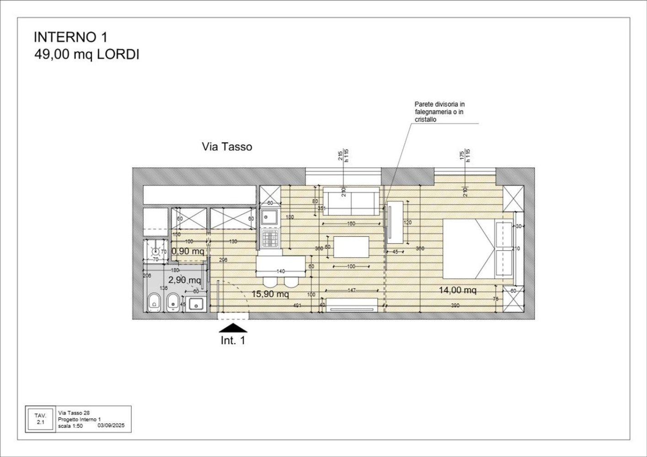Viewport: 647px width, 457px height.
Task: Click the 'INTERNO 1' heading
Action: point(70,37)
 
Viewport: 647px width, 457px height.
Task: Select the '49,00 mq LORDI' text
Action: point(87,55)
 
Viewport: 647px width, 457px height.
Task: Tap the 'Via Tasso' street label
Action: point(227,147)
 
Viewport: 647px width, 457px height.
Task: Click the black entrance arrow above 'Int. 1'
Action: point(233,328)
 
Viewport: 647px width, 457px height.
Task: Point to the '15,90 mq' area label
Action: point(270,294)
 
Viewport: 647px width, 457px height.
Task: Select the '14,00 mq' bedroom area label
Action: point(458,290)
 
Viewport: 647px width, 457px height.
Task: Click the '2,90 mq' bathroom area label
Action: point(184,280)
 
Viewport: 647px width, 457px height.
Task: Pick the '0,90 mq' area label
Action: point(188,251)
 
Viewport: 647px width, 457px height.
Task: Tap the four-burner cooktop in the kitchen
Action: point(270,238)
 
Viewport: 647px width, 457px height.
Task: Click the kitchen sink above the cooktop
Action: point(270,218)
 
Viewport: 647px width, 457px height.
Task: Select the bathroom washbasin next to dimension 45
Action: point(197,303)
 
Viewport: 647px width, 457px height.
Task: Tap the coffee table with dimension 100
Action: point(351,247)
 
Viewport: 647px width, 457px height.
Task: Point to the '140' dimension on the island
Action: point(281,271)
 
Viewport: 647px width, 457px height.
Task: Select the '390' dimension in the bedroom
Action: point(455,305)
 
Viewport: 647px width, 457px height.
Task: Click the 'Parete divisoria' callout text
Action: point(439,112)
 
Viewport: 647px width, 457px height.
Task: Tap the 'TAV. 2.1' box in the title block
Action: point(41,419)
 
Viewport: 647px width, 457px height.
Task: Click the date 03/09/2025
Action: point(111,425)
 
